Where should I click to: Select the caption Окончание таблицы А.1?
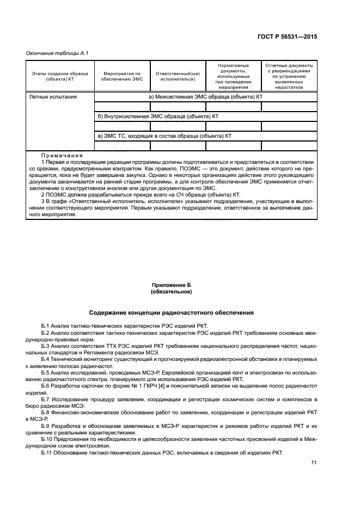(x=57, y=53)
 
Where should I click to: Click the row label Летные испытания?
(x=53, y=97)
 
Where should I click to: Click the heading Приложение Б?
(x=171, y=285)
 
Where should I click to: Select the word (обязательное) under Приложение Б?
(x=171, y=292)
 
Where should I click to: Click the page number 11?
(x=314, y=463)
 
